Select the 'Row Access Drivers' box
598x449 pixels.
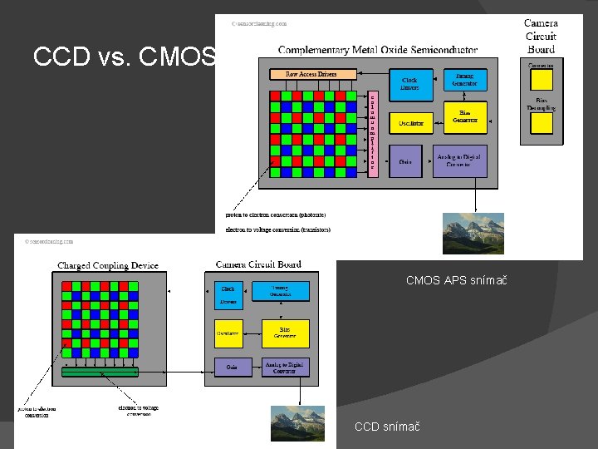pyautogui.click(x=311, y=74)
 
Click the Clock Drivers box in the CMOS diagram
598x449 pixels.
pyautogui.click(x=410, y=84)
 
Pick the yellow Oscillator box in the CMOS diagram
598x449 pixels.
pyautogui.click(x=410, y=123)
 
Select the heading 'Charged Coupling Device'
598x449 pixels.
pyautogui.click(x=107, y=266)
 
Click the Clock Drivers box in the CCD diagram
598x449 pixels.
pyautogui.click(x=228, y=294)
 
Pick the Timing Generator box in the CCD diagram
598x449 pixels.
pyautogui.click(x=285, y=291)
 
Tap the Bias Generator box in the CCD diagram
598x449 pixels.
pyautogui.click(x=285, y=333)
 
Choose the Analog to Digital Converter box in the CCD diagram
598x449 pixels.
pyautogui.click(x=285, y=368)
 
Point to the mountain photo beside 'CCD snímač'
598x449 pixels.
pyautogui.click(x=297, y=422)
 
